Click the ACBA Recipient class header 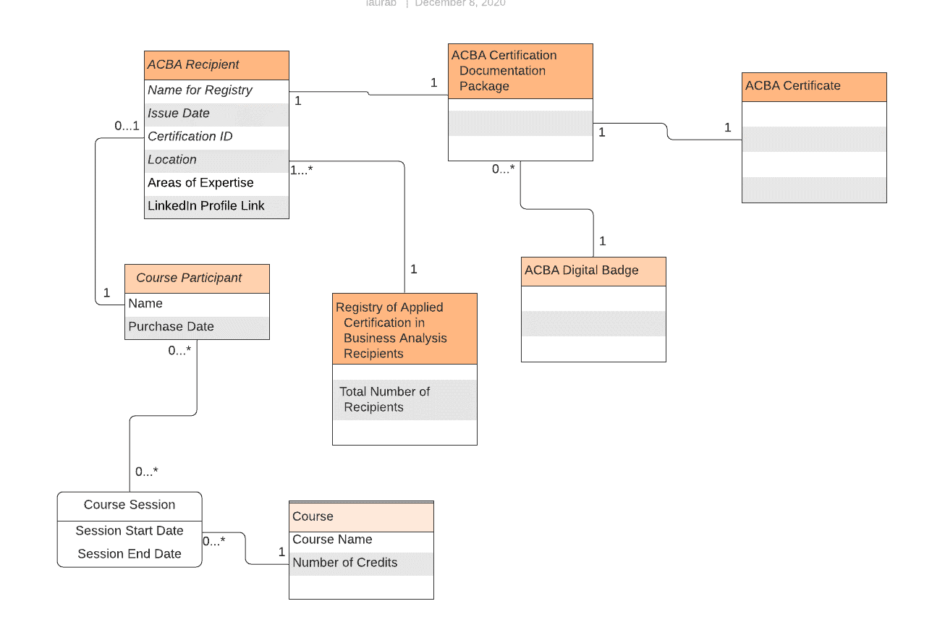216,65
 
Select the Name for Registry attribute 200,90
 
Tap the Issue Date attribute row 179,114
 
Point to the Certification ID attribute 190,137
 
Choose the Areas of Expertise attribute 200,183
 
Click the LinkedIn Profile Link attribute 206,206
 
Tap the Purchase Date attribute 171,327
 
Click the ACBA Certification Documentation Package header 520,71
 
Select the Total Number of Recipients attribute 385,399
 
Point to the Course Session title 130,505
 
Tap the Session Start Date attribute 130,531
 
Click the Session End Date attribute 130,554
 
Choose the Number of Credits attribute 345,563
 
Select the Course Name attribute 332,540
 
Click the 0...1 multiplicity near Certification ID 127,126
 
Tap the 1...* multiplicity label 302,171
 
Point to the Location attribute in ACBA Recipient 172,160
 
